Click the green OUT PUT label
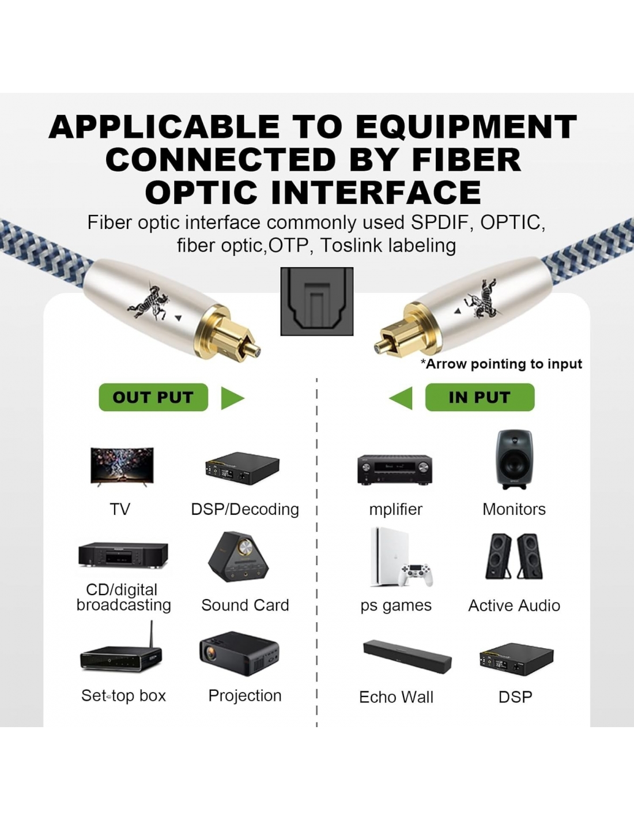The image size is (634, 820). [x=153, y=397]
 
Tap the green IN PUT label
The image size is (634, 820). [x=480, y=397]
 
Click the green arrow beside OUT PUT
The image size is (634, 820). [x=232, y=398]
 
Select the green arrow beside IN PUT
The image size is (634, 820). [x=401, y=398]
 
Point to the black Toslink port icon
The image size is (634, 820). [x=317, y=301]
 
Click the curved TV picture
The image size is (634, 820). [x=122, y=467]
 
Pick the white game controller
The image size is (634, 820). [x=416, y=575]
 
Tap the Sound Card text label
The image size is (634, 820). [x=245, y=605]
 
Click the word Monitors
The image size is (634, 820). [x=514, y=509]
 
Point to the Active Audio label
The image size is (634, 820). [x=514, y=605]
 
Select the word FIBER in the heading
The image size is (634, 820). [x=467, y=159]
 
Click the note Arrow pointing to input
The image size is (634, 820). [x=501, y=364]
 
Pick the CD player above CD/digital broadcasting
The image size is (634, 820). [x=123, y=555]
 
